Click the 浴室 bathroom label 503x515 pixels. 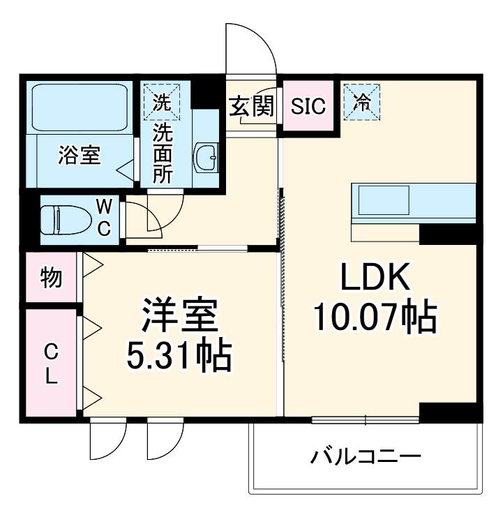[x=79, y=155]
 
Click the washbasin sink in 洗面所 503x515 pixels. [x=207, y=158]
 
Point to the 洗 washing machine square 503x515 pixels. [x=161, y=103]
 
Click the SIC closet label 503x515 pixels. [x=308, y=107]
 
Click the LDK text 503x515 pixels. [x=374, y=280]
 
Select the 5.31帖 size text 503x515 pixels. [x=179, y=357]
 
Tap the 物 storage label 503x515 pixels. [x=51, y=277]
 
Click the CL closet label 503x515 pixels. [x=51, y=363]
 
